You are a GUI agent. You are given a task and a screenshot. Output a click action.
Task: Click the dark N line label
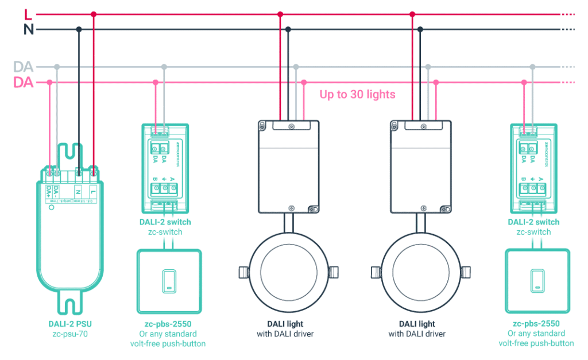tap(28, 29)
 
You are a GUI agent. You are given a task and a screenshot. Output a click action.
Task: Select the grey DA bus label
tap(23, 67)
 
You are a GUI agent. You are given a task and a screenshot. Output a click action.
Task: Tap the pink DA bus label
tap(23, 83)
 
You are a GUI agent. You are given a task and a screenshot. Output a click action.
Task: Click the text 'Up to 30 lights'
tap(357, 94)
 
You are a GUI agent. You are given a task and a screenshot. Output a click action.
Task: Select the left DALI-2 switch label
tap(165, 222)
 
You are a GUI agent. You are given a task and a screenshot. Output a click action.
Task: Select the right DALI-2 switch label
tap(533, 222)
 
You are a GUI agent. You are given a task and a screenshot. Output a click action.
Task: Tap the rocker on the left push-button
tap(169, 280)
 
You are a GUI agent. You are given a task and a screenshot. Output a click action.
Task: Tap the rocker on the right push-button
tap(537, 280)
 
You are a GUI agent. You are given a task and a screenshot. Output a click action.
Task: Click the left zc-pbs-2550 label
tap(168, 324)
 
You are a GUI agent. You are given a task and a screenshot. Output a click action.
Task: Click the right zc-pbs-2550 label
tap(536, 324)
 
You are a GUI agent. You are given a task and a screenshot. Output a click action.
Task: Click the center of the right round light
tap(420, 270)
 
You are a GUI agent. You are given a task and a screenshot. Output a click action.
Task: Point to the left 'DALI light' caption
tap(285, 324)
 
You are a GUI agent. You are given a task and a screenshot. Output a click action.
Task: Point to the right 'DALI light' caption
tap(419, 324)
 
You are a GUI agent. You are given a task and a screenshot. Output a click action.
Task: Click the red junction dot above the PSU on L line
tap(94, 14)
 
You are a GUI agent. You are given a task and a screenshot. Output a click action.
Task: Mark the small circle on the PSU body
tap(52, 208)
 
